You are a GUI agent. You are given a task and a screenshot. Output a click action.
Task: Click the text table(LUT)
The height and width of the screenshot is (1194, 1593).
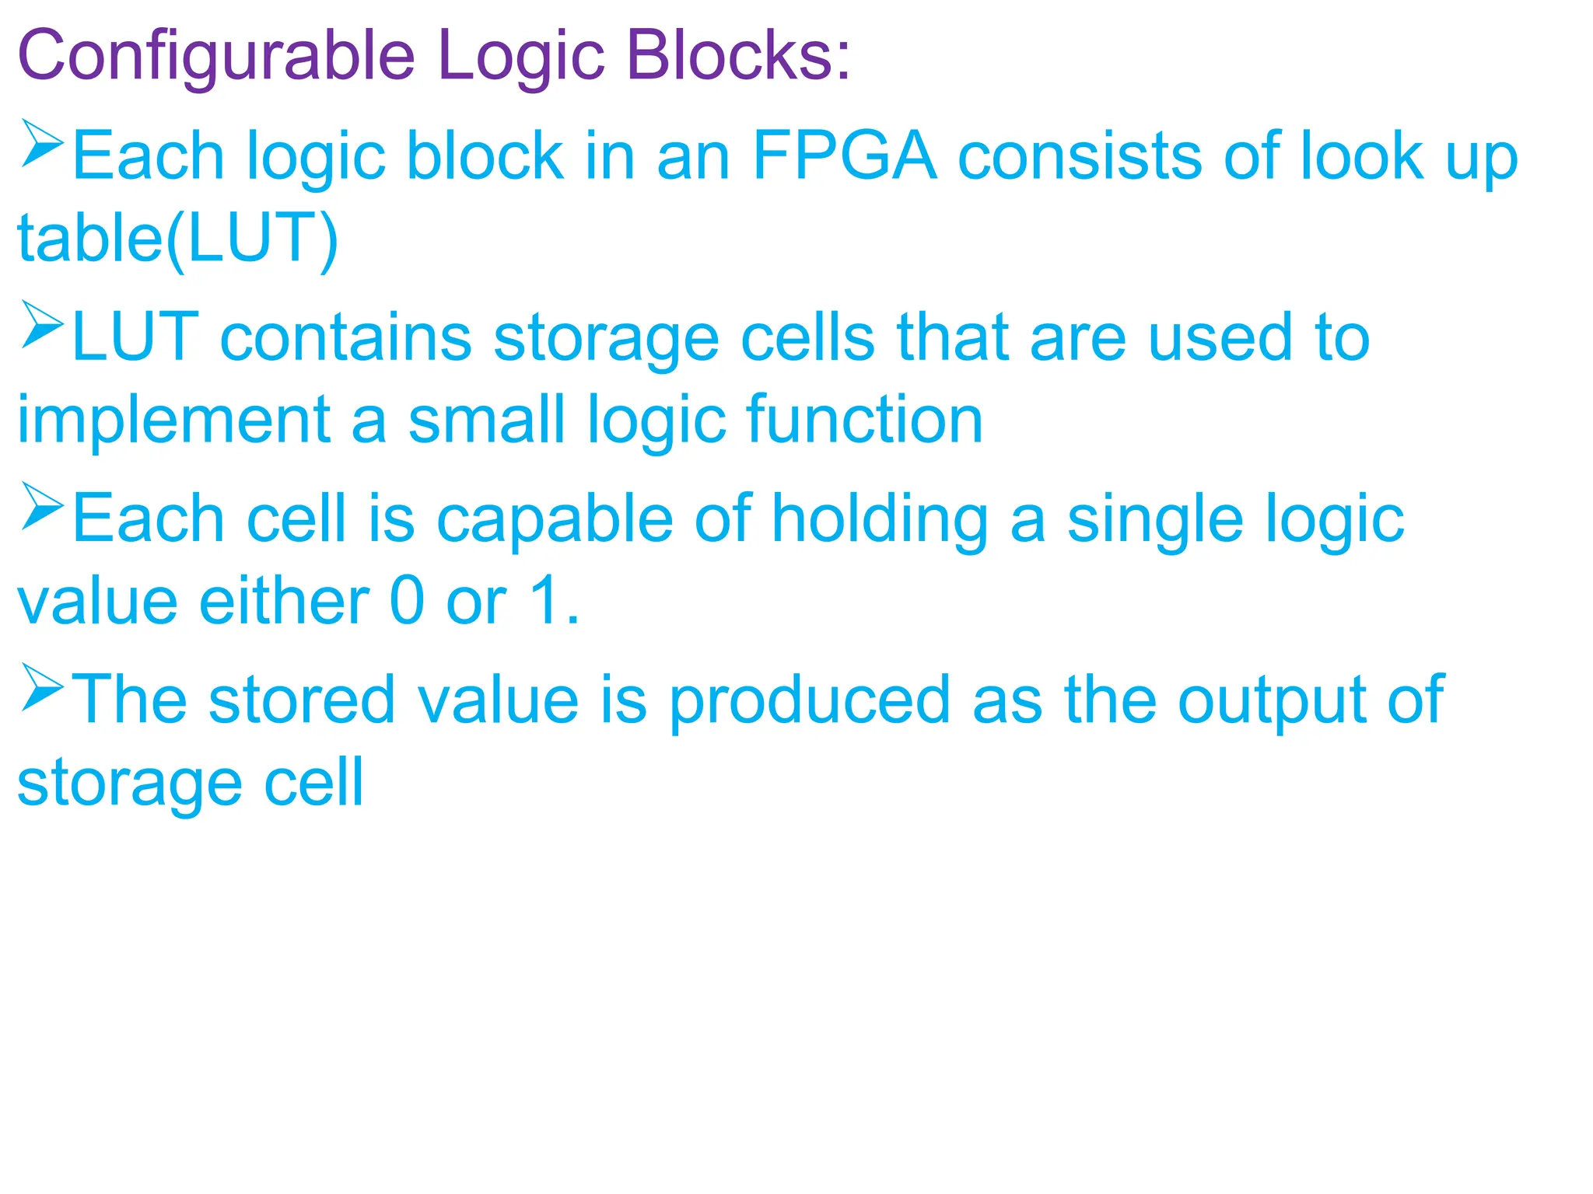point(178,239)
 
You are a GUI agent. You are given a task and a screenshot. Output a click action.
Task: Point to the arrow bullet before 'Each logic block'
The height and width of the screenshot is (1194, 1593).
point(42,143)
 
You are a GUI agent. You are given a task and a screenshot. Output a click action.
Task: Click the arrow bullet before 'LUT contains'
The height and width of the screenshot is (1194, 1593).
point(42,325)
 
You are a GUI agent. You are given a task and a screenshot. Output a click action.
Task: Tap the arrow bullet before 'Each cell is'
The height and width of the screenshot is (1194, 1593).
point(42,506)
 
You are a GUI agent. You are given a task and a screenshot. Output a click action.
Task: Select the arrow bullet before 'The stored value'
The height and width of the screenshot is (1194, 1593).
point(42,687)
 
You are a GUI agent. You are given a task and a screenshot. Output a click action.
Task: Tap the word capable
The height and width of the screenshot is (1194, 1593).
point(555,520)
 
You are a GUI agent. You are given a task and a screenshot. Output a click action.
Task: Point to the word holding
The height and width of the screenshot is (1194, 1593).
point(880,520)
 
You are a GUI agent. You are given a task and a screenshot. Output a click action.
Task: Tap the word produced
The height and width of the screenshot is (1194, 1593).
point(810,701)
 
